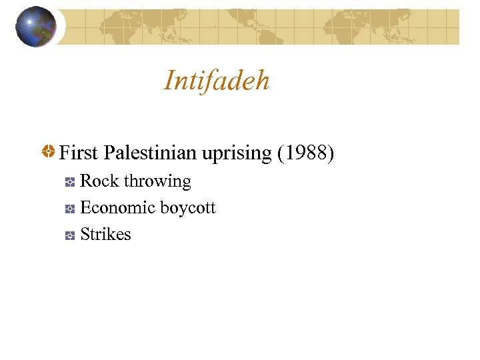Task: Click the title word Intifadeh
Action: [217, 81]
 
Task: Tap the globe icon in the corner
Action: [37, 27]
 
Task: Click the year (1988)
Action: [306, 153]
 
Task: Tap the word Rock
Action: [99, 181]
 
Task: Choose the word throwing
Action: [157, 182]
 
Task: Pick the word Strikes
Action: [105, 235]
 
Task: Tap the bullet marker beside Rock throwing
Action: [69, 182]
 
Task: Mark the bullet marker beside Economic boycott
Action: [69, 209]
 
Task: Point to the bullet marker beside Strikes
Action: [69, 235]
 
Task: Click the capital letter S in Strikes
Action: [85, 235]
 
